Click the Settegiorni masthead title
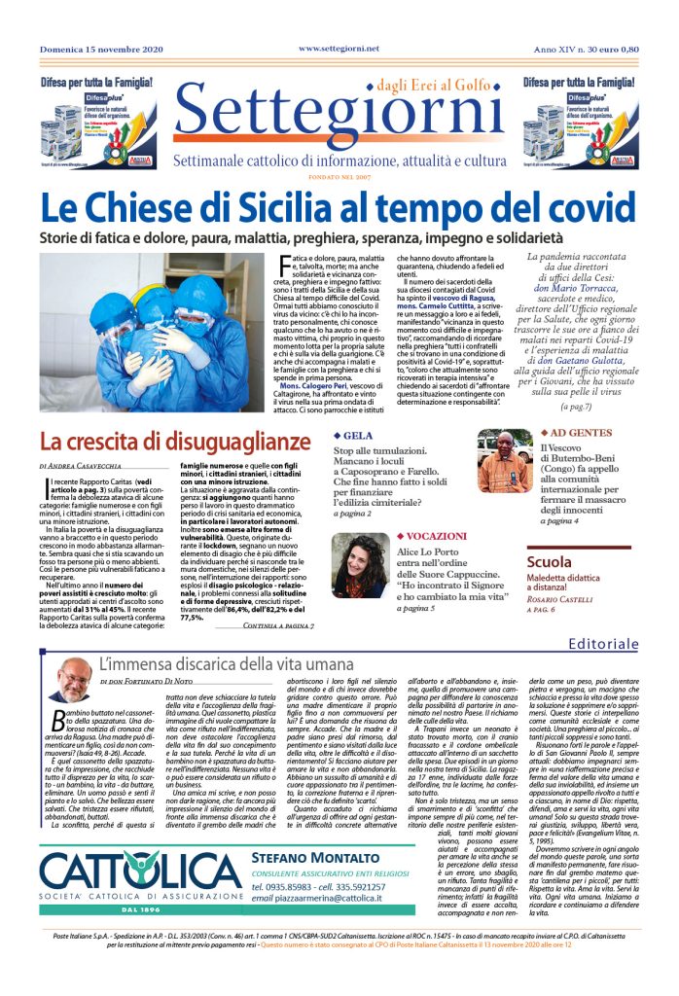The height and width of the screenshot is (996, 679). pyautogui.click(x=339, y=120)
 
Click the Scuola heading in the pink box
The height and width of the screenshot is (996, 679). pyautogui.click(x=550, y=562)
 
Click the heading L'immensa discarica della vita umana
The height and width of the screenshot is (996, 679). pyautogui.click(x=227, y=666)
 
